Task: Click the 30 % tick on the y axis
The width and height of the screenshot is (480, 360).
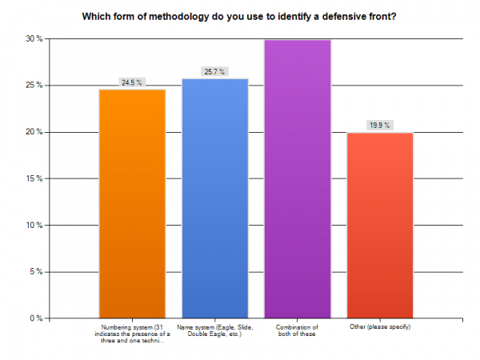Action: pyautogui.click(x=34, y=38)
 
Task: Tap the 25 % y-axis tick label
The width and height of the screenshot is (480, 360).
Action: pyautogui.click(x=34, y=85)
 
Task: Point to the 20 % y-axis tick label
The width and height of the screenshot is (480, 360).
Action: pyautogui.click(x=34, y=132)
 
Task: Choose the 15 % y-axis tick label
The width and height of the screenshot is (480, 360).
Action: pyautogui.click(x=34, y=178)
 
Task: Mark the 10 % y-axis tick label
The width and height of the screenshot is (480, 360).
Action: pyautogui.click(x=34, y=225)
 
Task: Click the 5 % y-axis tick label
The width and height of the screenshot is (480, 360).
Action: pyautogui.click(x=35, y=272)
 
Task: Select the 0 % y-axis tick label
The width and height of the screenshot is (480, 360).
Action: pyautogui.click(x=35, y=318)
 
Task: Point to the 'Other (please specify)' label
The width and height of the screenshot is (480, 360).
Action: pyautogui.click(x=380, y=326)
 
